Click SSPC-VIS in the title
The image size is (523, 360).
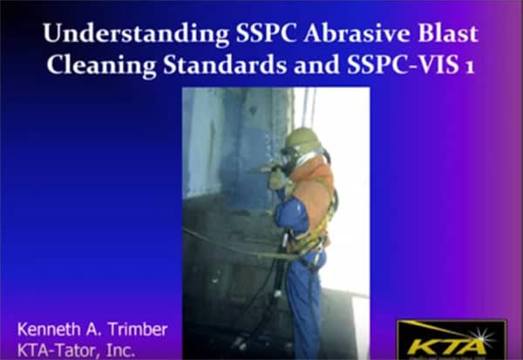click(397, 66)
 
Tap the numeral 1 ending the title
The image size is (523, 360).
click(470, 67)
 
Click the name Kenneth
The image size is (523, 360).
click(51, 330)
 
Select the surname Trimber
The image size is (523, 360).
click(139, 330)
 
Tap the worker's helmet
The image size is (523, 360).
click(302, 140)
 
